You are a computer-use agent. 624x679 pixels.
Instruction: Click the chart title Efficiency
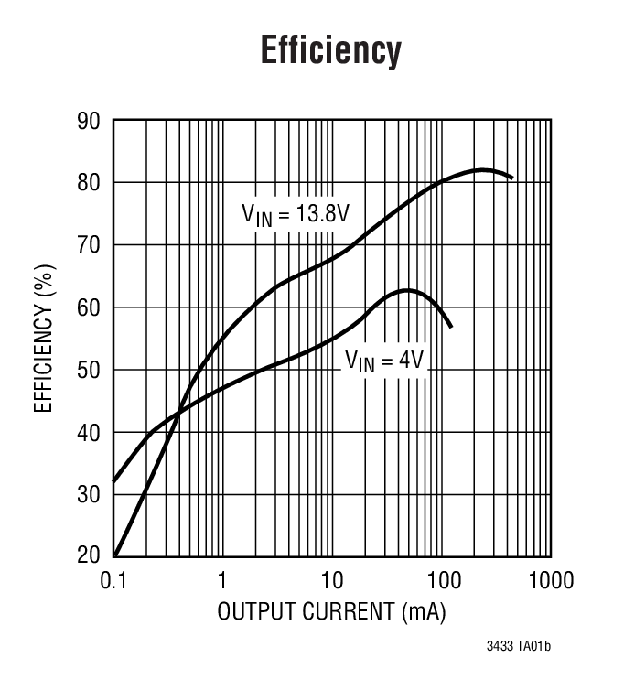330,50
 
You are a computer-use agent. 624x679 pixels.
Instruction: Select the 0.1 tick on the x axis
113,580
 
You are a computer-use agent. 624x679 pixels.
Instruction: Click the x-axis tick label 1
222,580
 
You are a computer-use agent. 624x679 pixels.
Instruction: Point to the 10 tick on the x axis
331,580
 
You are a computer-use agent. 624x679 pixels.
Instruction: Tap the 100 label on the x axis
441,580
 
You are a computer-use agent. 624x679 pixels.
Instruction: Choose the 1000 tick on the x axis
550,580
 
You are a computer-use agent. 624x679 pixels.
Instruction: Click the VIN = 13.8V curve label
296,215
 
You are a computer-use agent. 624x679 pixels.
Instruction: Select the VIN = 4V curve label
384,361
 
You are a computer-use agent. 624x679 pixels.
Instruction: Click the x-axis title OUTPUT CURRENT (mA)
331,612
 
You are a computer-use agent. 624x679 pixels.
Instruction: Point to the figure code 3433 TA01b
519,648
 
